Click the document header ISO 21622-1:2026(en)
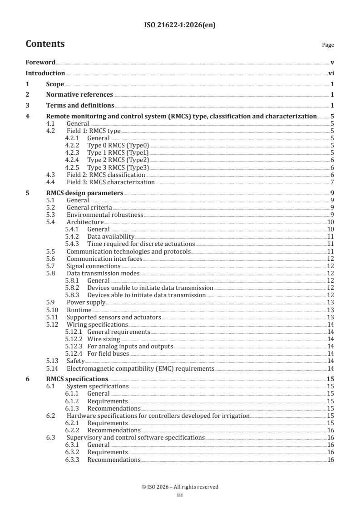[x=180, y=25]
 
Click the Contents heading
[x=45, y=44]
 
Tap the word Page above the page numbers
[x=328, y=45]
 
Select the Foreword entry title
[x=40, y=62]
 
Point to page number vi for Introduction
[x=331, y=73]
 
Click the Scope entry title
[x=55, y=84]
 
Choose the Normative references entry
[x=79, y=95]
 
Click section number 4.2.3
[x=73, y=152]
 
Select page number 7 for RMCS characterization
[x=333, y=182]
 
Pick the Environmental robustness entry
[x=105, y=215]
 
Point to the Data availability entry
[x=111, y=236]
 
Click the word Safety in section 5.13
[x=76, y=361]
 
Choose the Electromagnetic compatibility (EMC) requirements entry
[x=140, y=368]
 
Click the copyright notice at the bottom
[x=180, y=487]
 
